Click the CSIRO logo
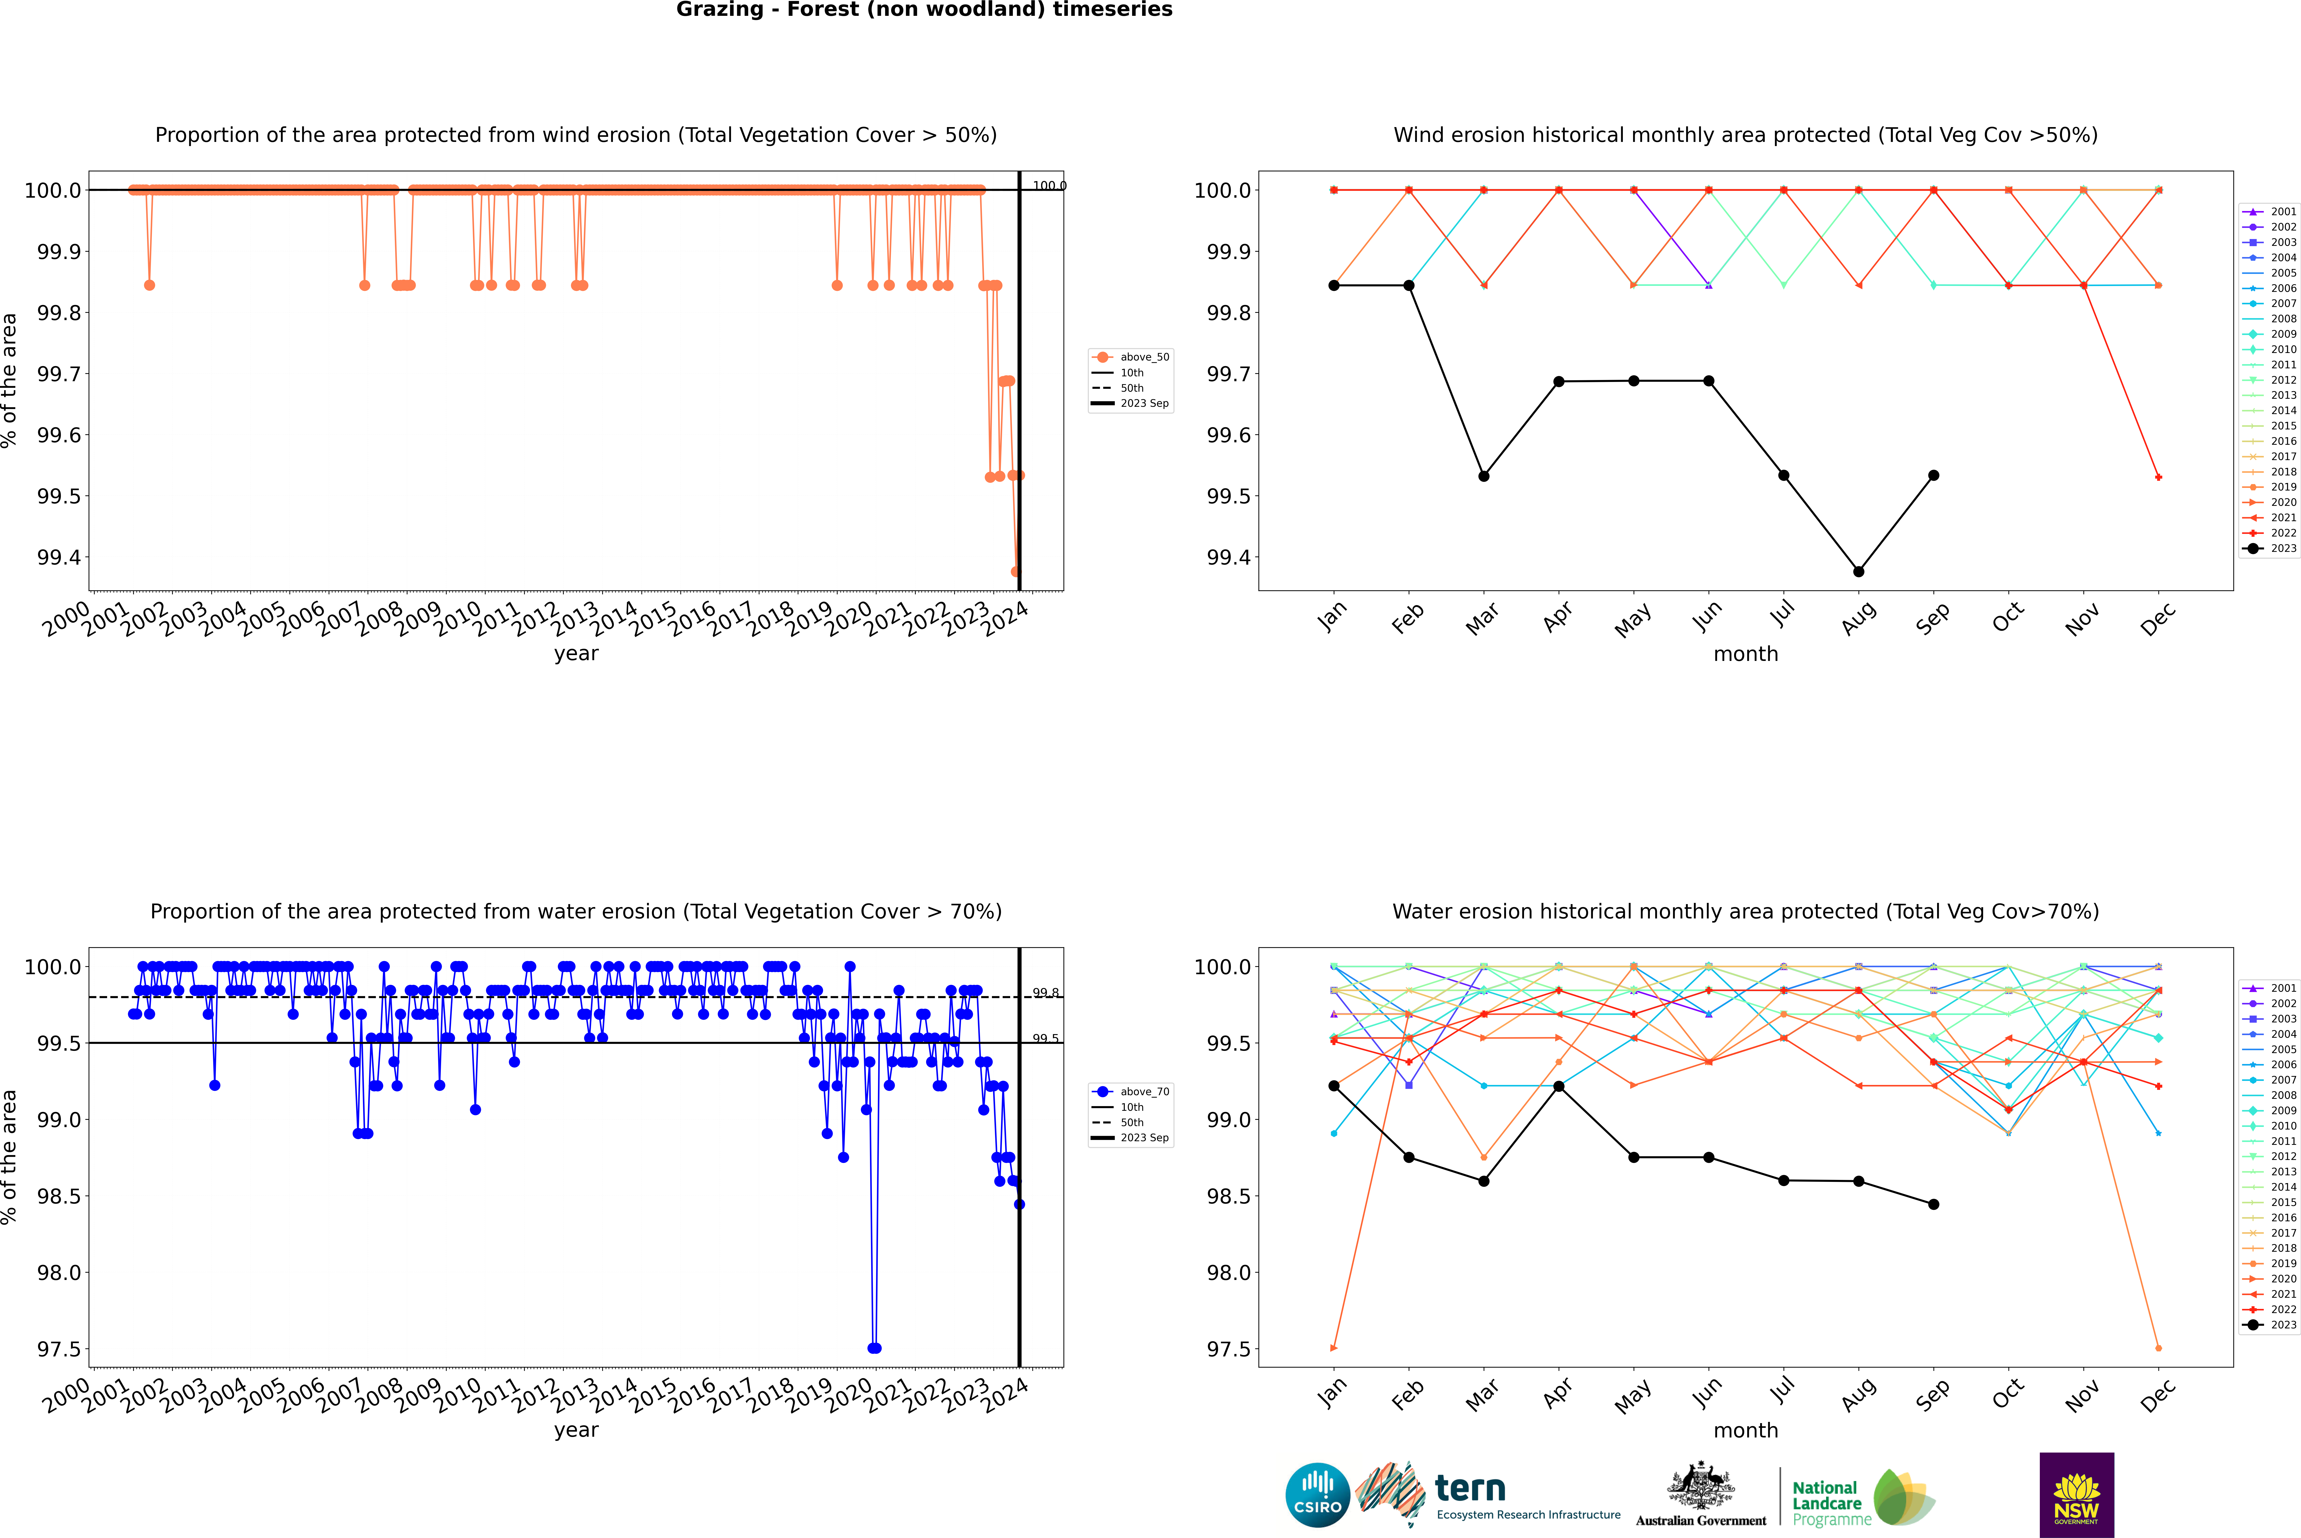pos(1317,1495)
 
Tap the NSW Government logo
pos(2076,1495)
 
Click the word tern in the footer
pos(1469,1489)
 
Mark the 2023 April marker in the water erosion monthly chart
pos(1559,1086)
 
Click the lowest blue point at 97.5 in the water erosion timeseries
pos(874,1348)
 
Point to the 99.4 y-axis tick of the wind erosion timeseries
pos(59,557)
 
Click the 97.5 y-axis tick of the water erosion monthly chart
pos(1228,1349)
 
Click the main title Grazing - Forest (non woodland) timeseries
pos(924,10)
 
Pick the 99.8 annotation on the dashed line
pos(1045,993)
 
